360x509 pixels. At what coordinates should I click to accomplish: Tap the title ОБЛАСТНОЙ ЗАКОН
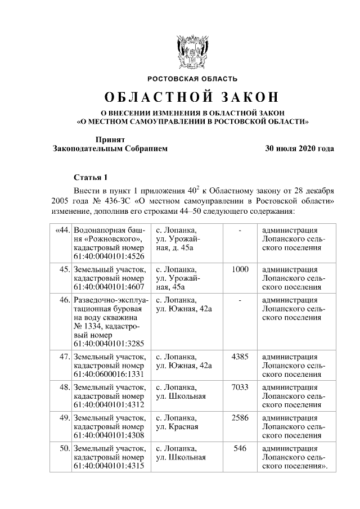(x=192, y=97)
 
